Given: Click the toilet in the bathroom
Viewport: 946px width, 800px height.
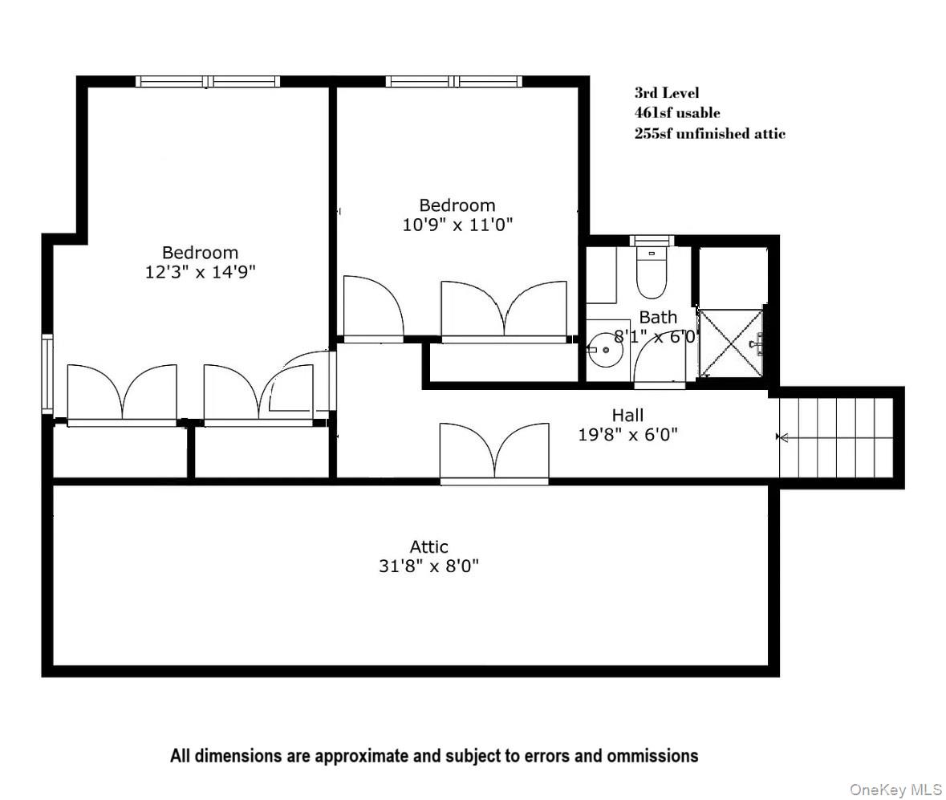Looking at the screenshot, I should tap(651, 271).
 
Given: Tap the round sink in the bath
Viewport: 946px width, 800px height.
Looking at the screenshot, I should tap(604, 351).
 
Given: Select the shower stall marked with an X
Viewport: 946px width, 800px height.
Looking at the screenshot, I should tap(730, 343).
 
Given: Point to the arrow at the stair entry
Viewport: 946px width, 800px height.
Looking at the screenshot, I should tap(782, 437).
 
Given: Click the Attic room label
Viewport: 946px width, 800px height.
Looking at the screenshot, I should tap(428, 547).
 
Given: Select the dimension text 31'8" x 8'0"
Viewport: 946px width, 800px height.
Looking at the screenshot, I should tap(428, 566).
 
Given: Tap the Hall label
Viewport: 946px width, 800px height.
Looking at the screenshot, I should tap(627, 416).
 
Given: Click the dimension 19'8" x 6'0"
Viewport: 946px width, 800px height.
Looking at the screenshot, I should tap(627, 435).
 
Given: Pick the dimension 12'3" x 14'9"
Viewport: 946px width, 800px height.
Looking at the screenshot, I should tap(200, 272).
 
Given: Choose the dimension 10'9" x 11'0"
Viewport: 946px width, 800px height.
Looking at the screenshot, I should tap(457, 225).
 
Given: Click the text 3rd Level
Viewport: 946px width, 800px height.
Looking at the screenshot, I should tap(666, 93).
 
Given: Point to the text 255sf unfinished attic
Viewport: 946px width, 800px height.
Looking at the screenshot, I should tap(709, 134).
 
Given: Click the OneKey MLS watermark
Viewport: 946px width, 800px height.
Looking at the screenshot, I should tap(895, 790).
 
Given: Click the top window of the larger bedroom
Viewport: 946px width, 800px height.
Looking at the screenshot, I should tap(208, 81).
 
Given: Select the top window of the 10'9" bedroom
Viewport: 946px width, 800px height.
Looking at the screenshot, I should tap(453, 81).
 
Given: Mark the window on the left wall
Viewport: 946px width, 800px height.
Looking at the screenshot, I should tap(47, 374).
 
